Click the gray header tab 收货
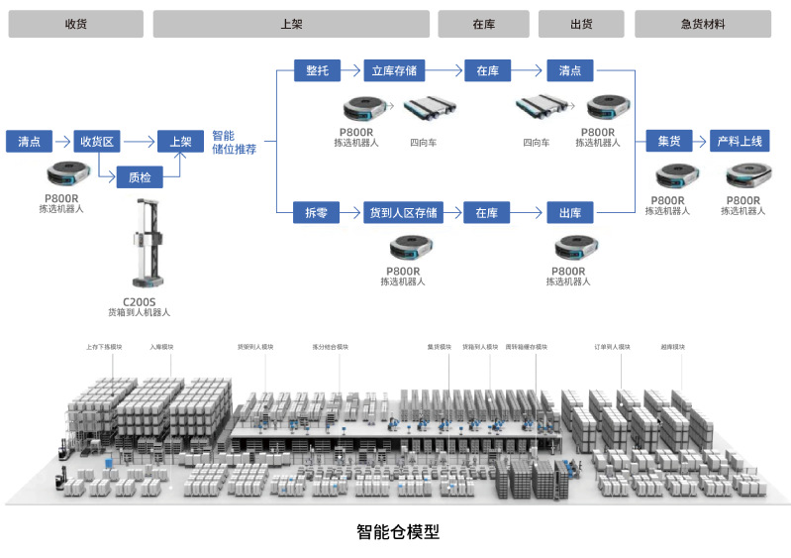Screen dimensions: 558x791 pyautogui.click(x=75, y=24)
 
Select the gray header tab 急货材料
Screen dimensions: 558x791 pyautogui.click(x=702, y=24)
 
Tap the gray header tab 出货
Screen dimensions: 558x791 pyautogui.click(x=581, y=24)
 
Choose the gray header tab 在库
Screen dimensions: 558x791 pyautogui.click(x=483, y=24)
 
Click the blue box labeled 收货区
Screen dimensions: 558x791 pyautogui.click(x=98, y=141)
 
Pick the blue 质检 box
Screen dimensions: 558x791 pyautogui.click(x=140, y=178)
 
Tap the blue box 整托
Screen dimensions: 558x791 pyautogui.click(x=317, y=70)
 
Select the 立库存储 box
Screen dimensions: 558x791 pyautogui.click(x=394, y=70)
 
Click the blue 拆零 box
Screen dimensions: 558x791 pyautogui.click(x=317, y=212)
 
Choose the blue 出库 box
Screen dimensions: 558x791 pyautogui.click(x=570, y=212)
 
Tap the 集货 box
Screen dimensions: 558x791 pyautogui.click(x=669, y=141)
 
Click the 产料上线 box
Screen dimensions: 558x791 pyautogui.click(x=741, y=141)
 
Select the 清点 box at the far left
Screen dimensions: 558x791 pyautogui.click(x=29, y=141)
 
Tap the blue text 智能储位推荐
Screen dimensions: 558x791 pyautogui.click(x=234, y=142)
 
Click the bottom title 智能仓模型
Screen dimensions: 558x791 pyautogui.click(x=397, y=532)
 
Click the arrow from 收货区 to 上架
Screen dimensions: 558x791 pyautogui.click(x=140, y=141)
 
